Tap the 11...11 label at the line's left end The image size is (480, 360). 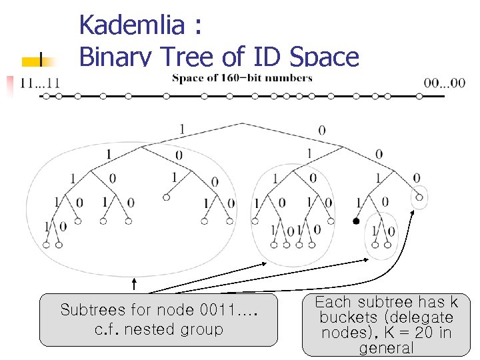tap(41, 83)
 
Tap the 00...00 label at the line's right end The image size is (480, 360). tap(445, 83)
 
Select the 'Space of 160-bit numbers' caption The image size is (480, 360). tap(242, 78)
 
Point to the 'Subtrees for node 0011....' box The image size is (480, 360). tap(158, 319)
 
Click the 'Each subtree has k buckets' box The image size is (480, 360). tap(386, 325)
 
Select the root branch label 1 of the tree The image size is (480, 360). tap(183, 129)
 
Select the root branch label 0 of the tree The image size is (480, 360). tap(323, 130)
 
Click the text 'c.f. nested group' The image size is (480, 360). tap(158, 329)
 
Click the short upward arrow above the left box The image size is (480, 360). tap(134, 285)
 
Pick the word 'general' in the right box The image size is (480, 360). tap(386, 348)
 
